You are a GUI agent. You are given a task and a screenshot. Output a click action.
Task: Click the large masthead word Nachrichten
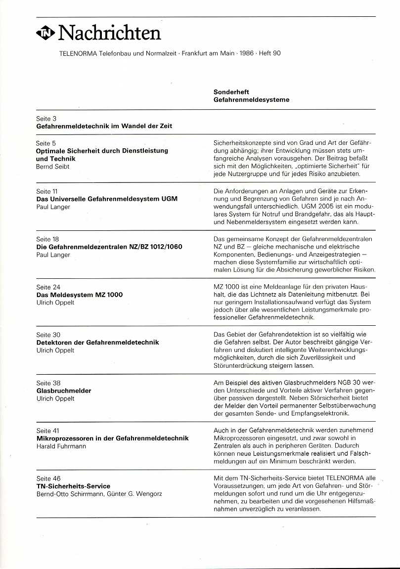(109, 33)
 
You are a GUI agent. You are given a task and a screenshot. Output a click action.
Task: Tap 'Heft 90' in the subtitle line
(269, 53)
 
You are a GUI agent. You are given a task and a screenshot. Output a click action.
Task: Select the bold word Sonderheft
(231, 92)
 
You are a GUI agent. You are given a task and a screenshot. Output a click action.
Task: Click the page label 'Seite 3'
(46, 119)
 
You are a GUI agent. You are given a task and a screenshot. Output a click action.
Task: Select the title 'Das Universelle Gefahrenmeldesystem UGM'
(107, 199)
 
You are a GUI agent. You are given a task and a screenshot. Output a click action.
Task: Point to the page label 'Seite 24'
(48, 287)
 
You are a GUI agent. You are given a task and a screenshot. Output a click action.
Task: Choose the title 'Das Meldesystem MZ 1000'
(80, 295)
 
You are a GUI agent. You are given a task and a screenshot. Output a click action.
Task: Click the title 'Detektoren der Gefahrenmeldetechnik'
(98, 342)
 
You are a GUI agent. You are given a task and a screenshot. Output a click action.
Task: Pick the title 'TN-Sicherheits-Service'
(73, 486)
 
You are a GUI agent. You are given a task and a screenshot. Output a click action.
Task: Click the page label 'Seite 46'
(48, 478)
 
